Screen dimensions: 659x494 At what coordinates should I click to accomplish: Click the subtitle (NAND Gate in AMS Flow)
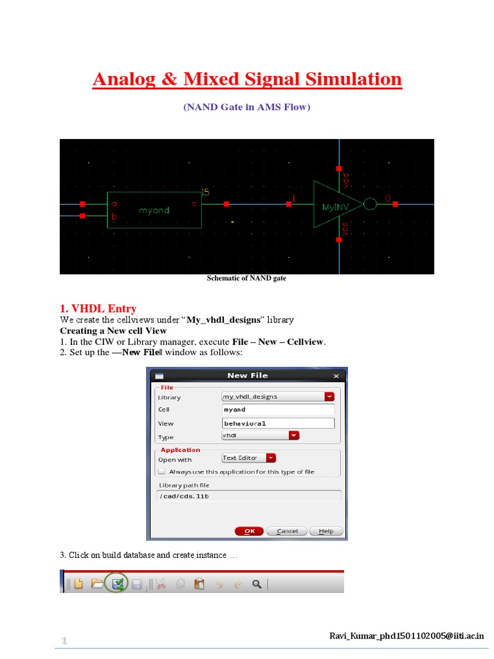coord(246,107)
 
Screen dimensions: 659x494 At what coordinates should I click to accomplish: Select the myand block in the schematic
coord(154,210)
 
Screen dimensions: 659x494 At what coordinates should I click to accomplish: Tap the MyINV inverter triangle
coord(334,205)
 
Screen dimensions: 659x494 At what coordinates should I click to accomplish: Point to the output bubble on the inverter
coord(370,204)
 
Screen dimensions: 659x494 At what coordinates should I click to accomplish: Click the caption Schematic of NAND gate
coord(246,279)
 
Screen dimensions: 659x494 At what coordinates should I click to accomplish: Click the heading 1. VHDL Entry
coord(98,308)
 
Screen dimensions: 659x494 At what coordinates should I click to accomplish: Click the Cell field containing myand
coord(278,410)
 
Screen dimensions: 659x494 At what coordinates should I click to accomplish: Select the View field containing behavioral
coord(278,423)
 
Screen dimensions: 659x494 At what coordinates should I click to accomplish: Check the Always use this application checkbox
coord(161,472)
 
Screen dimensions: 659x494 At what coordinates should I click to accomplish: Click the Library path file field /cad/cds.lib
coord(249,496)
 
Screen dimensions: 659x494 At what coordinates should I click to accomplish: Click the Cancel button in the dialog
coord(287,531)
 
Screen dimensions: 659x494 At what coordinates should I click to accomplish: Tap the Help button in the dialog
coord(325,531)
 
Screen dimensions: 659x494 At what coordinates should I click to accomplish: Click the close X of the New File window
coord(336,375)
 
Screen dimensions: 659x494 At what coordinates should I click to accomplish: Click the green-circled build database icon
coord(117,584)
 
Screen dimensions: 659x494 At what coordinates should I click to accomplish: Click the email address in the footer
coord(406,636)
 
